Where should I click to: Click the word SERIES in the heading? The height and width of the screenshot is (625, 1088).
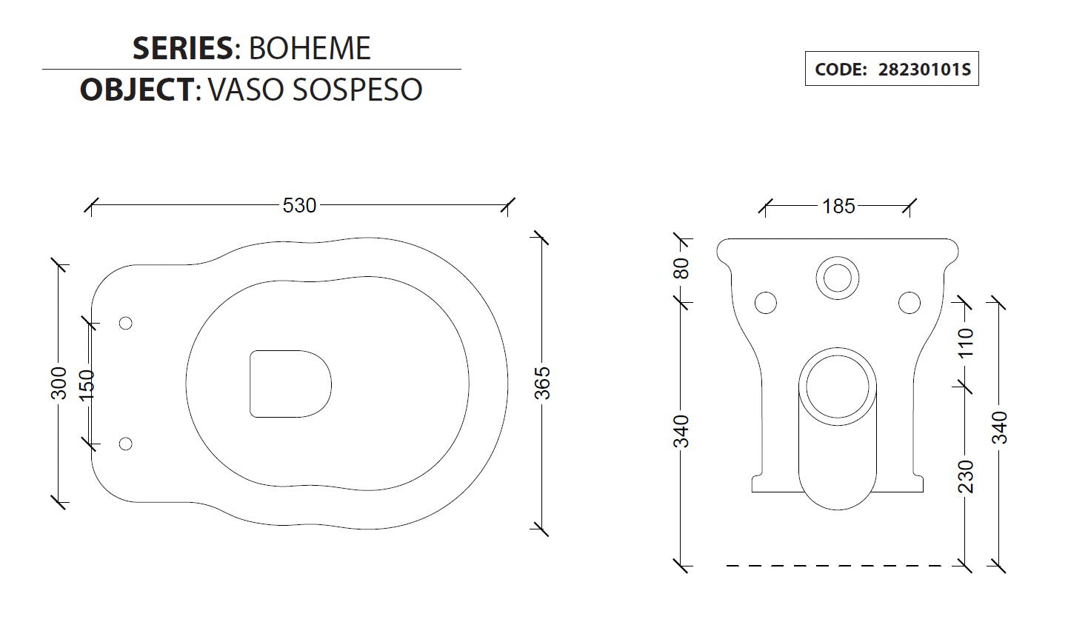point(182,49)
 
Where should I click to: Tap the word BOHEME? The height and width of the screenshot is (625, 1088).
point(309,49)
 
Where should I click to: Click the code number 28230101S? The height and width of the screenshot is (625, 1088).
point(924,70)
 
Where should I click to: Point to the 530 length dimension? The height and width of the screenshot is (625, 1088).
point(299,205)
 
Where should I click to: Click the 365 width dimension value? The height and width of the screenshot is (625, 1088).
point(543,382)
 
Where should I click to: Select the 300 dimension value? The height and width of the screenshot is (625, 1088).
point(60,382)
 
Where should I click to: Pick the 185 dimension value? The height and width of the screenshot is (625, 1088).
point(838,206)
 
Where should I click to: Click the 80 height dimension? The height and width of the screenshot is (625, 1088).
point(682,268)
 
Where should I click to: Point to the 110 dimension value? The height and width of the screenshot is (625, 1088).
point(966,343)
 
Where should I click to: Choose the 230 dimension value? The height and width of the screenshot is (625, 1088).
point(966,475)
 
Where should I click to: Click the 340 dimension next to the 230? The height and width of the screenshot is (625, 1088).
point(1000,427)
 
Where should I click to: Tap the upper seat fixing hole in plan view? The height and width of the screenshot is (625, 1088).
point(125,323)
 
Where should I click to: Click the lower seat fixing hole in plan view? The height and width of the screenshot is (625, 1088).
point(125,444)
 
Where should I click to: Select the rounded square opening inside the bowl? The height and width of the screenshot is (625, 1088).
point(290,383)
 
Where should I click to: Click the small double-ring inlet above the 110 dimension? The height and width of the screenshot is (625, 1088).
point(838,278)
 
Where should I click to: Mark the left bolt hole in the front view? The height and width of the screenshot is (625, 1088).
point(765,303)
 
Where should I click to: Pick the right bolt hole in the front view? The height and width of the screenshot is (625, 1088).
point(909,303)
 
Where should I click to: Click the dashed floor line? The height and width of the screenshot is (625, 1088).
point(844,566)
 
